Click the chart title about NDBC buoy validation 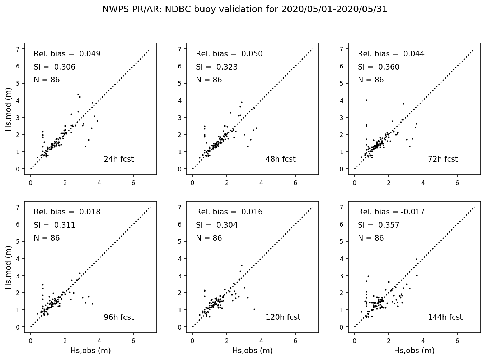pyautogui.click(x=245, y=10)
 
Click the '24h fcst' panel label pyautogui.click(x=118, y=159)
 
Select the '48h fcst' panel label pyautogui.click(x=280, y=159)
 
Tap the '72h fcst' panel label pyautogui.click(x=442, y=159)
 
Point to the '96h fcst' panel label pyautogui.click(x=118, y=317)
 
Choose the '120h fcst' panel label pyautogui.click(x=283, y=317)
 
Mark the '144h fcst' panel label pyautogui.click(x=445, y=317)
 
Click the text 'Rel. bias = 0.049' pyautogui.click(x=67, y=54)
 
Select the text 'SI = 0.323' pyautogui.click(x=216, y=67)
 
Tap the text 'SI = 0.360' pyautogui.click(x=378, y=67)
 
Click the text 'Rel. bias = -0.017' pyautogui.click(x=391, y=212)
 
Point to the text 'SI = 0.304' pyautogui.click(x=216, y=225)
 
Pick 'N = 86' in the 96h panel pyautogui.click(x=47, y=238)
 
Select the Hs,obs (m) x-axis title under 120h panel pyautogui.click(x=252, y=351)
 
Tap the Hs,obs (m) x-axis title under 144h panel pyautogui.click(x=414, y=351)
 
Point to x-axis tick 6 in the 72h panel pyautogui.click(x=457, y=183)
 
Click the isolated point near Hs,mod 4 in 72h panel pyautogui.click(x=366, y=100)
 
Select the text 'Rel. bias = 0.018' pyautogui.click(x=67, y=212)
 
